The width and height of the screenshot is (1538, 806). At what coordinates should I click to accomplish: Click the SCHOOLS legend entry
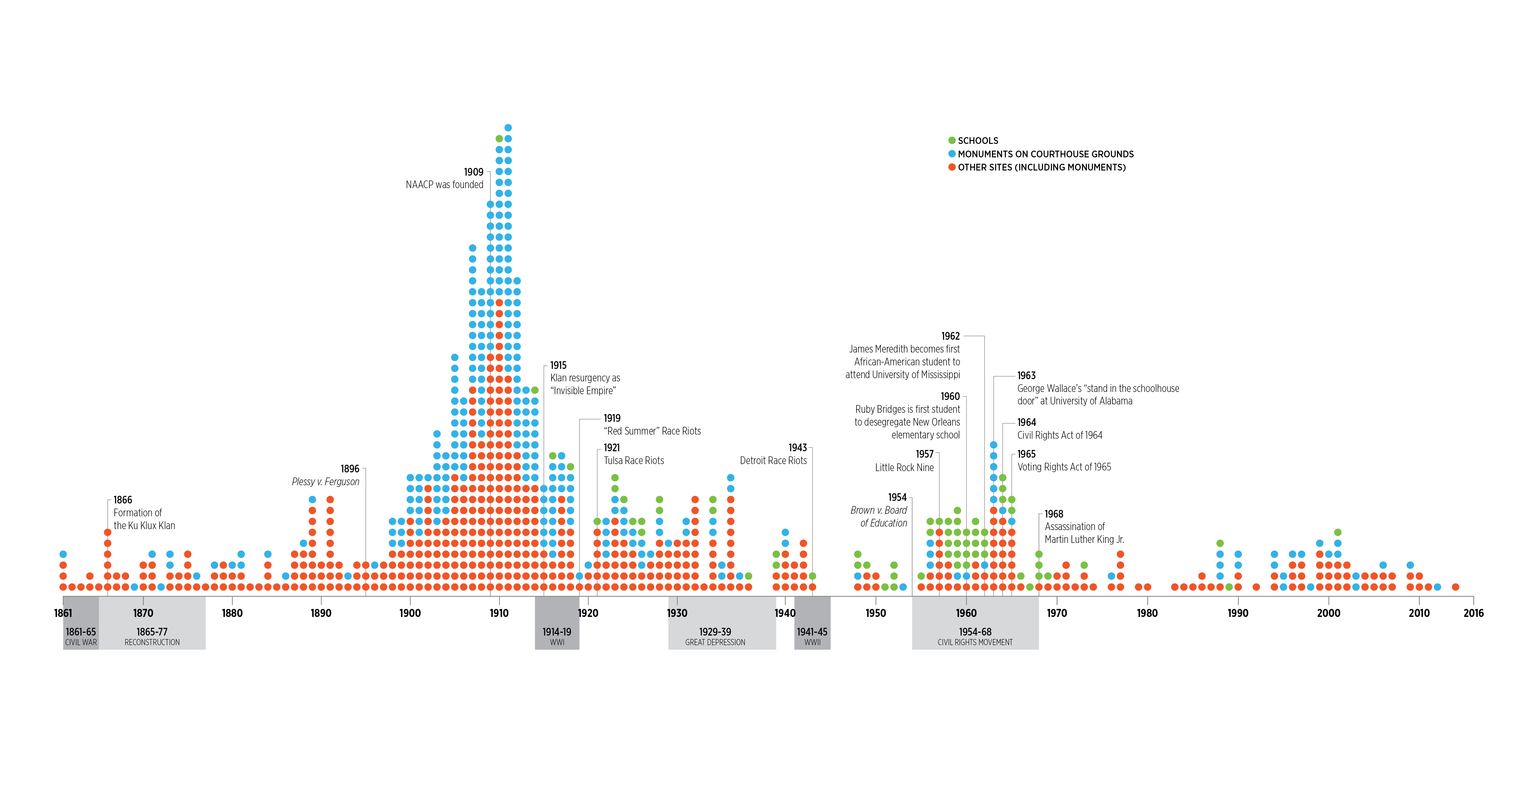(977, 141)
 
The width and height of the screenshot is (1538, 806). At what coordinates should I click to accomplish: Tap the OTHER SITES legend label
(1041, 167)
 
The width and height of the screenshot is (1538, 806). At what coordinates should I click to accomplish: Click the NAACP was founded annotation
(444, 185)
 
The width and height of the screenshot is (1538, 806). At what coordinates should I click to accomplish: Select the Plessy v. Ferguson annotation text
(326, 482)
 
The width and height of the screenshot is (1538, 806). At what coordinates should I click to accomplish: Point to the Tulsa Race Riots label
(633, 460)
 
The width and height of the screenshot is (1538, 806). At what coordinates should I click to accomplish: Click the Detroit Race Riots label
(773, 460)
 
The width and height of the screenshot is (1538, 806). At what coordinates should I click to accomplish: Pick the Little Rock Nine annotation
(904, 468)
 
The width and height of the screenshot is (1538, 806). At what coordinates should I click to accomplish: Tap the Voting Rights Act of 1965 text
(1064, 467)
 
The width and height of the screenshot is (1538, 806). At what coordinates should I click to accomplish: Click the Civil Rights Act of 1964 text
(1060, 435)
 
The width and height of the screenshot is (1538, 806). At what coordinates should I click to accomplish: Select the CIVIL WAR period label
(81, 643)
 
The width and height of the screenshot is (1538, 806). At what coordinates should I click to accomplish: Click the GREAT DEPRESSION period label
(715, 643)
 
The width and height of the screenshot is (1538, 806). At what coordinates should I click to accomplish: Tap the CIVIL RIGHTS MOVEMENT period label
(974, 643)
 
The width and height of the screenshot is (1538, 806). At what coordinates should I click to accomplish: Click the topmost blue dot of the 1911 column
(508, 128)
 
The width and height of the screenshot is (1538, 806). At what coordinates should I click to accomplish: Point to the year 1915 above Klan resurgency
(558, 365)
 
